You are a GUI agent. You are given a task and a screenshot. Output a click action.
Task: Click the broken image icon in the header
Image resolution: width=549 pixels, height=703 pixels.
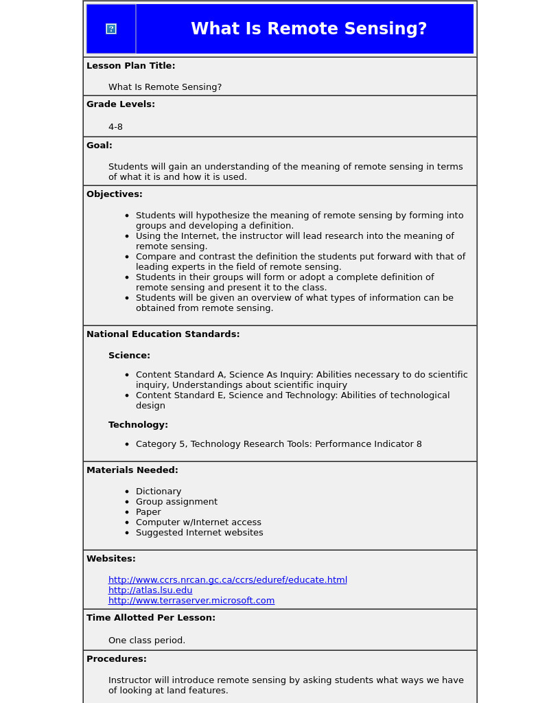pyautogui.click(x=111, y=29)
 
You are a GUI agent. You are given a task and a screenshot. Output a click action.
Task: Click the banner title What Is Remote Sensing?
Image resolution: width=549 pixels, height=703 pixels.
pyautogui.click(x=309, y=29)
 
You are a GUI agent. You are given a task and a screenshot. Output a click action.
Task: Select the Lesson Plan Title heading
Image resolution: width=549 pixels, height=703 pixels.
pyautogui.click(x=130, y=66)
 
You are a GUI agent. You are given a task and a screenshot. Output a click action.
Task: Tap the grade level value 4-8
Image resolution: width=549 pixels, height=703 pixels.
pyautogui.click(x=115, y=127)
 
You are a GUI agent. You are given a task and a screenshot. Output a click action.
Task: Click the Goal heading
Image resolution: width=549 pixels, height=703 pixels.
pyautogui.click(x=100, y=146)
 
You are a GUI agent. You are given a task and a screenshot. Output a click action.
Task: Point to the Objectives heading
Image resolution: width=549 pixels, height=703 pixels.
pyautogui.click(x=115, y=194)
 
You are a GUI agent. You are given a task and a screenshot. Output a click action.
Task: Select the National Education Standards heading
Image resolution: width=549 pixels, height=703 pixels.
pyautogui.click(x=163, y=334)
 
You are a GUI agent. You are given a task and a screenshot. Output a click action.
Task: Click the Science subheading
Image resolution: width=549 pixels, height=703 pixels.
pyautogui.click(x=129, y=356)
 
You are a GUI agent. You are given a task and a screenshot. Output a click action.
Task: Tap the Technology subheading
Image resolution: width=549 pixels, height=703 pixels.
pyautogui.click(x=138, y=425)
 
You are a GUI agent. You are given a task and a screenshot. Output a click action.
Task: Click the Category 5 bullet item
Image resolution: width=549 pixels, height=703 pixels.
pyautogui.click(x=279, y=444)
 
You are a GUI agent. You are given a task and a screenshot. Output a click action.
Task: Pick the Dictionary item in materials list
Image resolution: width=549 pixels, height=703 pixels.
pyautogui.click(x=159, y=492)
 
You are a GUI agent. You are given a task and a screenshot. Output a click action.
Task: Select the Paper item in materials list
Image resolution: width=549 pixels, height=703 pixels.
pyautogui.click(x=148, y=512)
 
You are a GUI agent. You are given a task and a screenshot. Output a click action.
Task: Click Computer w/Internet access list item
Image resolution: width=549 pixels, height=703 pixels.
pyautogui.click(x=198, y=522)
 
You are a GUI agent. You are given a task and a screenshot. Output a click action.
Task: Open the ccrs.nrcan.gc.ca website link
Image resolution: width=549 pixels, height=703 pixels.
pyautogui.click(x=228, y=580)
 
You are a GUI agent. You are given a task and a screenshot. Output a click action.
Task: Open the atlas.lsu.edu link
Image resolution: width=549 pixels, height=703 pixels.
pyautogui.click(x=150, y=590)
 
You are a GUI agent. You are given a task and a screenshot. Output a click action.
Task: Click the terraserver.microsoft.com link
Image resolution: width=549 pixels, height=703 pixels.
pyautogui.click(x=191, y=601)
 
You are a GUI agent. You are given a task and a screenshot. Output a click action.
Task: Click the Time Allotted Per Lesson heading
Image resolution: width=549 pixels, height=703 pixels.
pyautogui.click(x=151, y=618)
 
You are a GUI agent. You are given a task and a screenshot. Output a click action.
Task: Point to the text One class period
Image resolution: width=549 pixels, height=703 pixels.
pyautogui.click(x=147, y=641)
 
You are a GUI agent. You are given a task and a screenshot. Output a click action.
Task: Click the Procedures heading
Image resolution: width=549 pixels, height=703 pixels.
pyautogui.click(x=117, y=659)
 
